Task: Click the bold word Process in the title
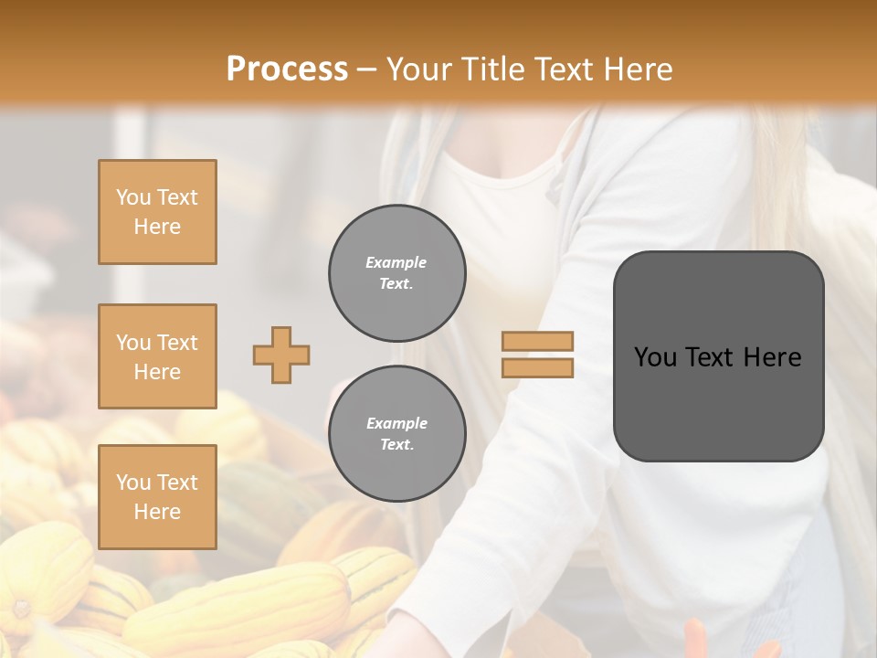(287, 69)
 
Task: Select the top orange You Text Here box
(157, 212)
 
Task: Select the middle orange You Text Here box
(157, 356)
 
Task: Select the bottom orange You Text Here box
(157, 496)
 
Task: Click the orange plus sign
(281, 355)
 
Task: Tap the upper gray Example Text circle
(396, 273)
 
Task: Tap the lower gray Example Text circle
(396, 434)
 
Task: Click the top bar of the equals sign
(537, 342)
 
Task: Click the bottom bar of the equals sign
(537, 367)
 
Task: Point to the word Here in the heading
(639, 69)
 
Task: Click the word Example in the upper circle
(396, 262)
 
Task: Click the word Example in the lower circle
(396, 423)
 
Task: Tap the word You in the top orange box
(132, 197)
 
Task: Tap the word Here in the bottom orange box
(157, 512)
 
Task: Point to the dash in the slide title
(366, 69)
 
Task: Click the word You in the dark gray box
(655, 357)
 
